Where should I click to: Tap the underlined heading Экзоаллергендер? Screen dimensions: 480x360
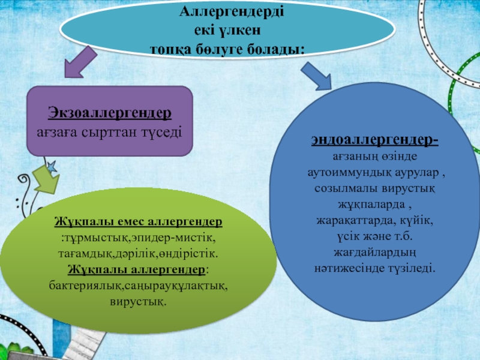(110, 113)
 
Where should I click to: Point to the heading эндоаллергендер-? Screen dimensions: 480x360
(374, 141)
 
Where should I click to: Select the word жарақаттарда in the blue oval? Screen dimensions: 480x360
(354, 220)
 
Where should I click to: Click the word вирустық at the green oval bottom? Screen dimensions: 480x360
(137, 299)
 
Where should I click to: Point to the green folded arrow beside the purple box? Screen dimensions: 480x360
(43, 182)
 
